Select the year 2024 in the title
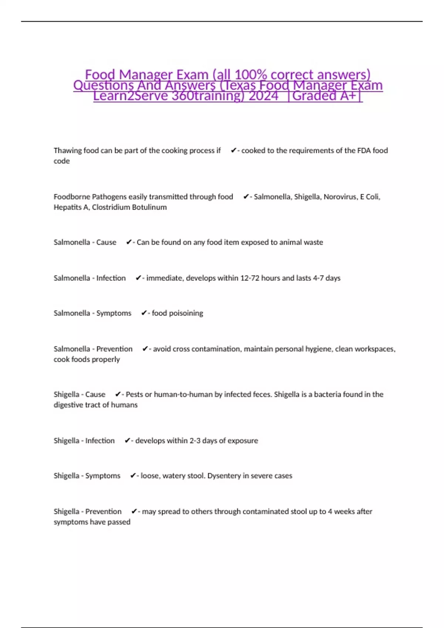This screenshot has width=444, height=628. pos(263,96)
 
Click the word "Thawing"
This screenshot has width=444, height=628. pos(68,151)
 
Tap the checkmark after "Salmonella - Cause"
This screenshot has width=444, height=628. pos(129,242)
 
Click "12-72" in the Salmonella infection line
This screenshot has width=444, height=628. pos(250,278)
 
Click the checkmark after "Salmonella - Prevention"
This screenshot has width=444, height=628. pos(145,349)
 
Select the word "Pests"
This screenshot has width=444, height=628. pos(134,395)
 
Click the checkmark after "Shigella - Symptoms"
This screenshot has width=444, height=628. pos(133,476)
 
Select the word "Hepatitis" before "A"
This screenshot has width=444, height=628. pos(68,207)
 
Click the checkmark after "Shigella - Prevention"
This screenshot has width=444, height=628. pos(134,512)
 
